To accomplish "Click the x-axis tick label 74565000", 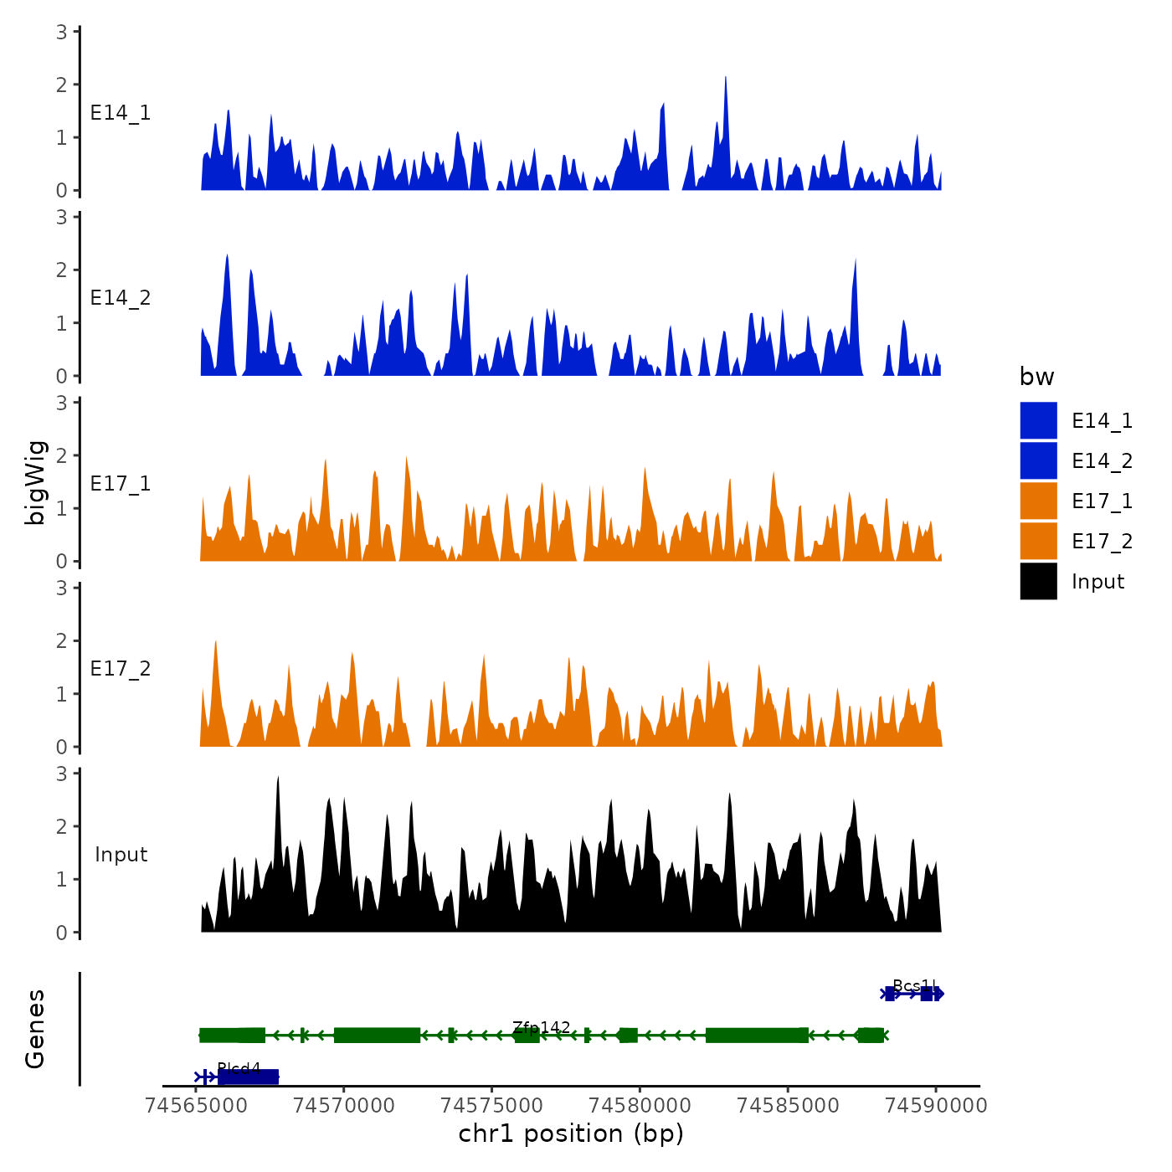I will [196, 1106].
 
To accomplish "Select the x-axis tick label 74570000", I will [344, 1106].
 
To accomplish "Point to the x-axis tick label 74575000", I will [492, 1106].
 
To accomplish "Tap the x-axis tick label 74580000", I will [640, 1106].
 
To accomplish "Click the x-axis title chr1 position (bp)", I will [571, 1134].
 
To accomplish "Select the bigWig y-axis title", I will [36, 482].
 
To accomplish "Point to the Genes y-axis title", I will [36, 1029].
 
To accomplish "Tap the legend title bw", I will [1036, 378].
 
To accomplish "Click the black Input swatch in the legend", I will [1038, 581].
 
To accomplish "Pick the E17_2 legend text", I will [1102, 542].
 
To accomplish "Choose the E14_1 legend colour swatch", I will [1038, 420].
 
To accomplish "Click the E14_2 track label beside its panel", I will [121, 298].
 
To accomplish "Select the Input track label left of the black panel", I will [121, 855].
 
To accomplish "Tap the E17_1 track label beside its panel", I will [121, 484].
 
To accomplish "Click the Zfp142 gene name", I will [542, 1027].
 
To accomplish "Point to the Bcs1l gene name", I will [915, 985].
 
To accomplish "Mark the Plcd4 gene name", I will [239, 1068].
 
